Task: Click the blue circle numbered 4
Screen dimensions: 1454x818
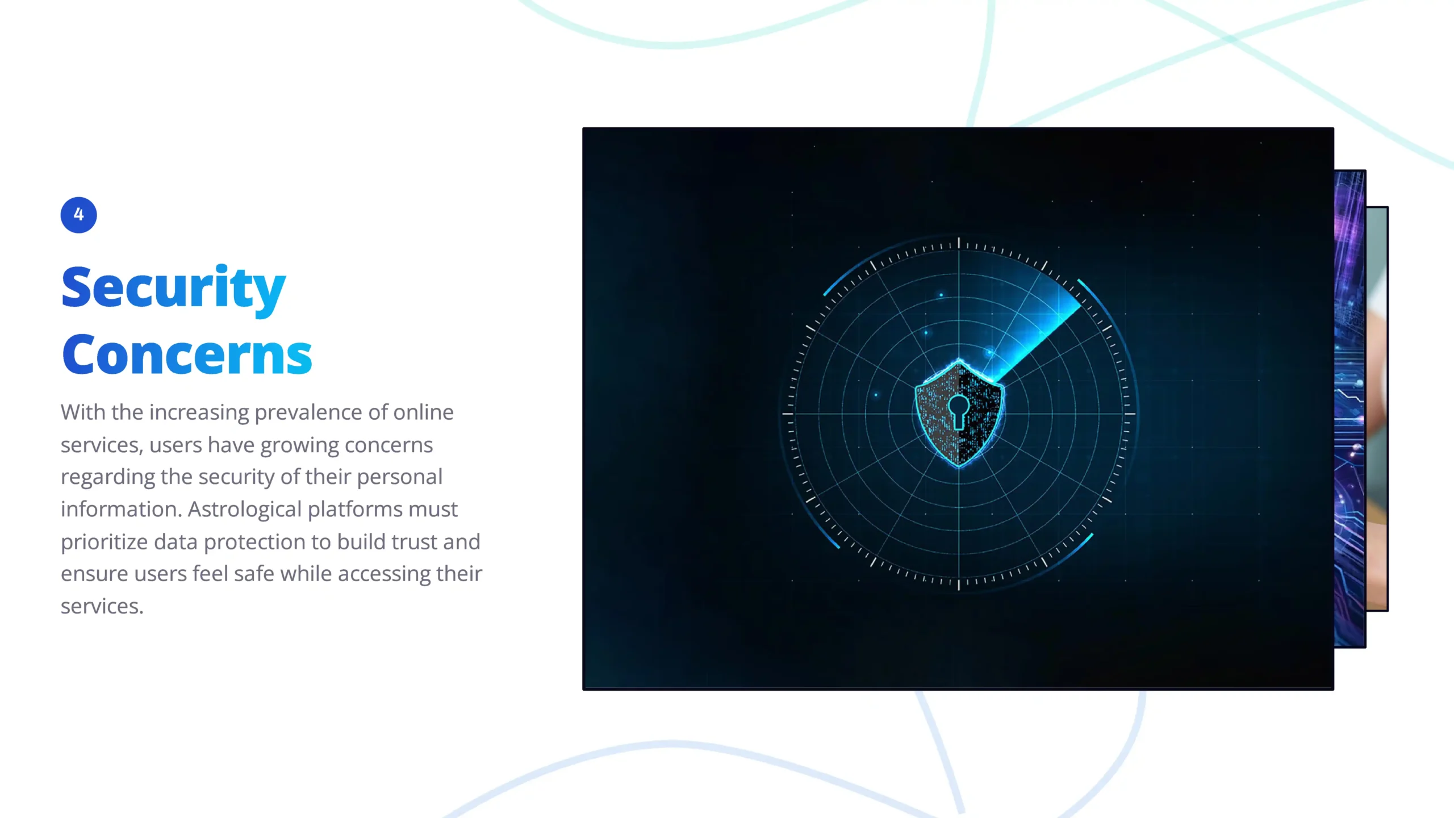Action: pyautogui.click(x=78, y=215)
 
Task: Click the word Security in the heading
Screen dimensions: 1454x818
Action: pyautogui.click(x=173, y=289)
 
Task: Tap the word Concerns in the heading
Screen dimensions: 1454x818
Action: pyautogui.click(x=187, y=355)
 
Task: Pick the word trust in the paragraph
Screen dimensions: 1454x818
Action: pyautogui.click(x=414, y=542)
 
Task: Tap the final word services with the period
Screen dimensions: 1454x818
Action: pyautogui.click(x=102, y=607)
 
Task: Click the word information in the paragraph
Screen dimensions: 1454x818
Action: pyautogui.click(x=122, y=510)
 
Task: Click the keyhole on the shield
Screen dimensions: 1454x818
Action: pyautogui.click(x=958, y=411)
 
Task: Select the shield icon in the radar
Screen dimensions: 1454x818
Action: pyautogui.click(x=959, y=414)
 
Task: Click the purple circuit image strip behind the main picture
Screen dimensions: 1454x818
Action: pyautogui.click(x=1349, y=408)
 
